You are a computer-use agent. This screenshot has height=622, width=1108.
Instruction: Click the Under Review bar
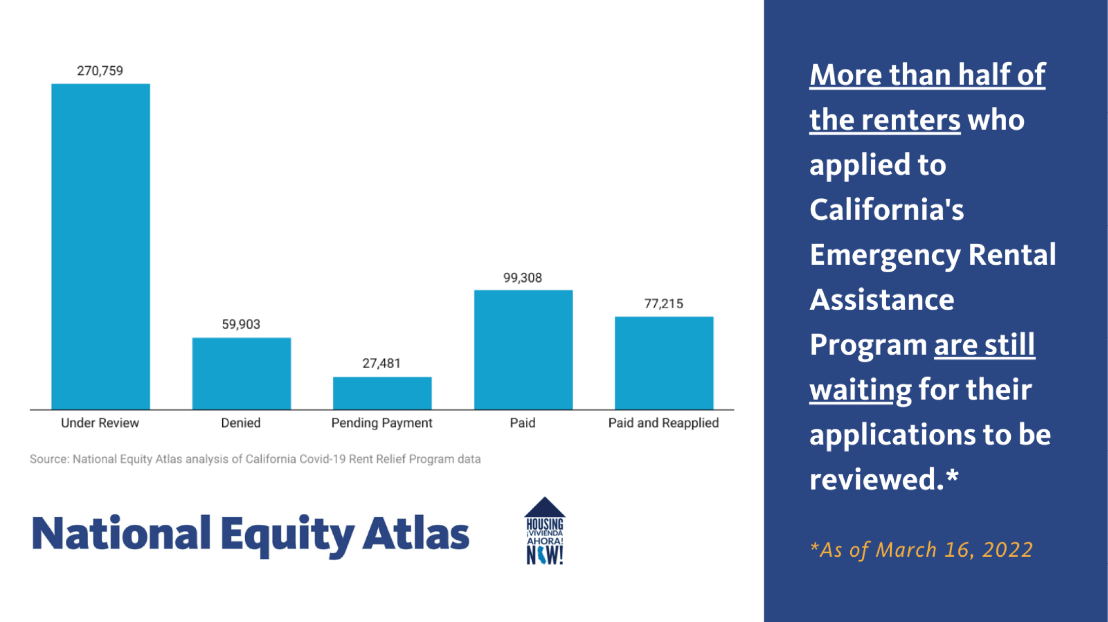point(101,246)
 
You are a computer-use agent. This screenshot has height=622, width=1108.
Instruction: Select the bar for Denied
point(242,374)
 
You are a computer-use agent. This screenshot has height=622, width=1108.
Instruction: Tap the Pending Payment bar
point(382,393)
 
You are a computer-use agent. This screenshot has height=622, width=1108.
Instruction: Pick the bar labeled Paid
point(523,350)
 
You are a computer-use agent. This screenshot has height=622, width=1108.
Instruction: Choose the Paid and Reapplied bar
point(664,363)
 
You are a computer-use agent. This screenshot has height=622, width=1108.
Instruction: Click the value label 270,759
point(100,71)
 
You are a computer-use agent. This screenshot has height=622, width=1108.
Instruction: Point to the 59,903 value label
point(241,324)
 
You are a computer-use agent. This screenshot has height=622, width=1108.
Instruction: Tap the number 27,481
point(381,363)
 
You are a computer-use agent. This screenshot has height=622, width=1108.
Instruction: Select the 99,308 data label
point(523,278)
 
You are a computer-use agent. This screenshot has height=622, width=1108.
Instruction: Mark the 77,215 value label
point(663,304)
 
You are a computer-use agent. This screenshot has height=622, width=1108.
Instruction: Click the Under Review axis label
point(100,423)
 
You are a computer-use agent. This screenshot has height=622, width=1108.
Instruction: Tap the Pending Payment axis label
point(382,423)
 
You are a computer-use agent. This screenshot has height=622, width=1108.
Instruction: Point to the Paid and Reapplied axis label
point(663,423)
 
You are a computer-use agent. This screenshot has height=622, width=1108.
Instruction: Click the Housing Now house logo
point(545,531)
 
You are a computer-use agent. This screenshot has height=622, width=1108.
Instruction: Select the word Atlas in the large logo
point(416,533)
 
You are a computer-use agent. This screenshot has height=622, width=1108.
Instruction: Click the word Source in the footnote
point(48,459)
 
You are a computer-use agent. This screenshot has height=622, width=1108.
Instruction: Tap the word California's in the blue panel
point(887,210)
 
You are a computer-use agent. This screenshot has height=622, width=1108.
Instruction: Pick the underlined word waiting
point(860,390)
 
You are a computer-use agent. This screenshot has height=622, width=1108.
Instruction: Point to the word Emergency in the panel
point(885,255)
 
